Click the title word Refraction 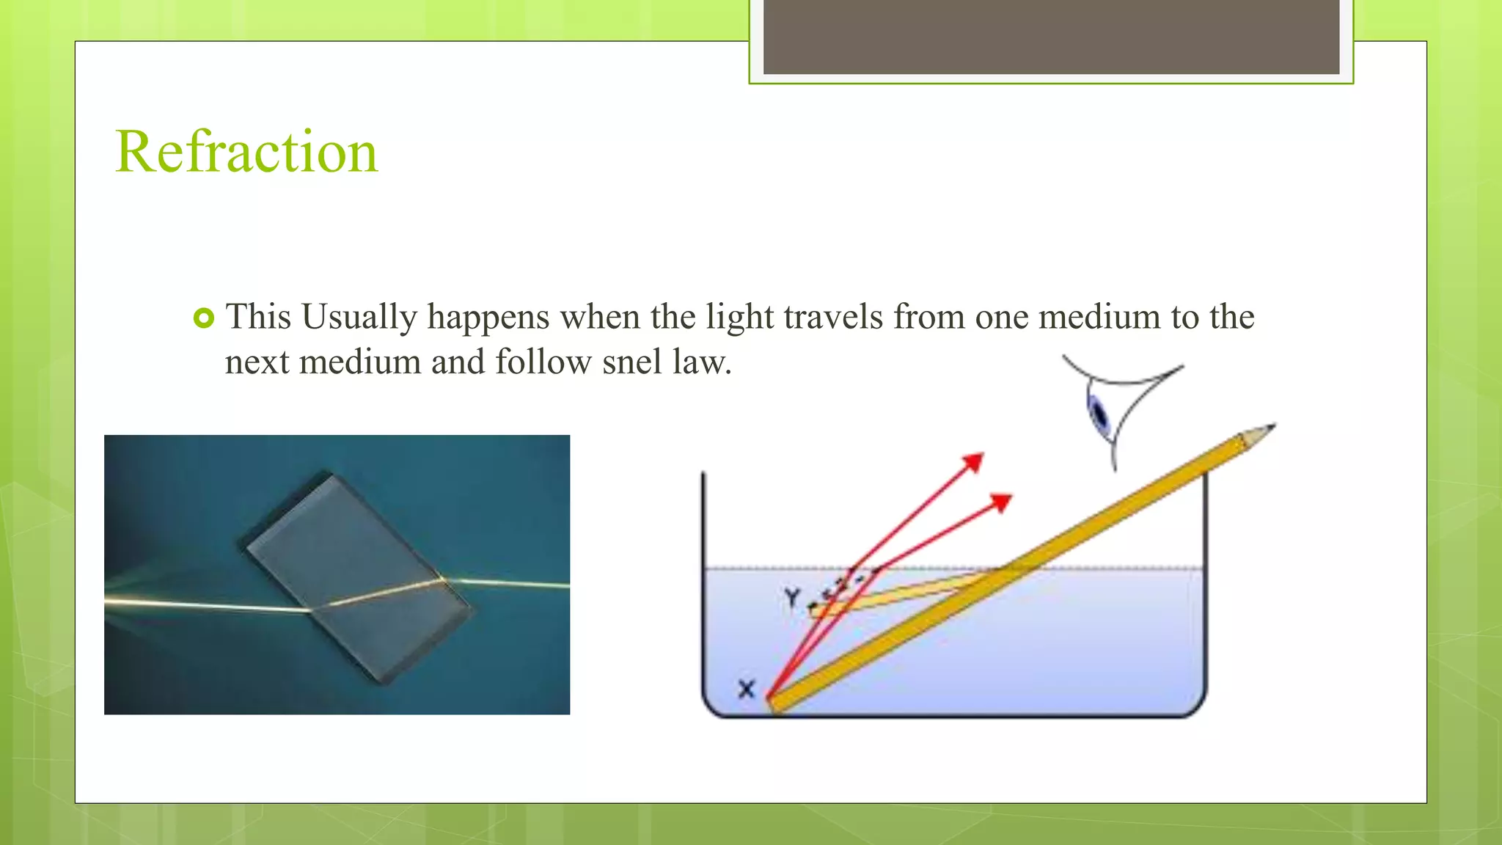tap(246, 152)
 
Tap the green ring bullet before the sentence tap(204, 318)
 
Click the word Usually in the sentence tap(359, 318)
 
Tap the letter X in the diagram tap(746, 689)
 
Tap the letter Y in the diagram tap(791, 597)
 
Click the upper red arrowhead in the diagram tap(974, 462)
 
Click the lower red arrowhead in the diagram tap(1002, 502)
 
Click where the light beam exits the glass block tap(443, 581)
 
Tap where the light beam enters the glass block tap(311, 609)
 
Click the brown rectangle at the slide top tap(1051, 37)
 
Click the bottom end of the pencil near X tap(776, 703)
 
